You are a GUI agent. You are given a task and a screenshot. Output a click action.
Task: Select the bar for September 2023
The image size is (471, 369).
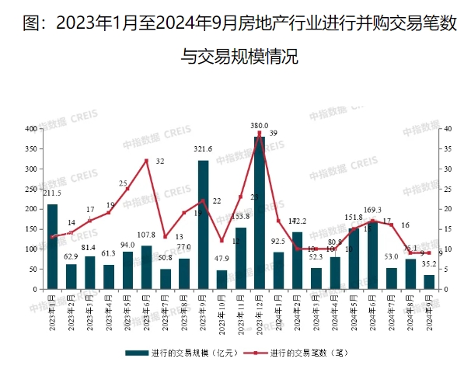pyautogui.click(x=203, y=225)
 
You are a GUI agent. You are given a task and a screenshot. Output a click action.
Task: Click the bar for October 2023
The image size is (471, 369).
pyautogui.click(x=222, y=280)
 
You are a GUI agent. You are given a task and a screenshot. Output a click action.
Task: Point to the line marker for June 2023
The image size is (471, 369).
pyautogui.click(x=146, y=161)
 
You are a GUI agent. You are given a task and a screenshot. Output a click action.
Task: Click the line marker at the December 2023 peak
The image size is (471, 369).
pyautogui.click(x=259, y=133)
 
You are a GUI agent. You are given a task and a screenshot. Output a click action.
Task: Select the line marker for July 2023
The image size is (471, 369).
pyautogui.click(x=165, y=237)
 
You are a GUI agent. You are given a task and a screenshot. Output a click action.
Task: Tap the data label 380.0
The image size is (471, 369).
pyautogui.click(x=259, y=125)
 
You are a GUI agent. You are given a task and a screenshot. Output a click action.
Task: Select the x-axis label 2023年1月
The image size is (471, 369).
pyautogui.click(x=51, y=312)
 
